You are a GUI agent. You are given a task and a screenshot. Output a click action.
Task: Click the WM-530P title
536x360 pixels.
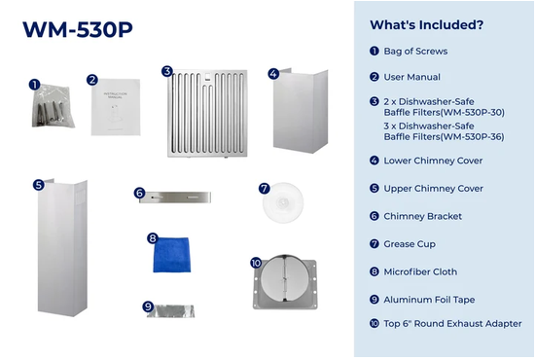coord(78,30)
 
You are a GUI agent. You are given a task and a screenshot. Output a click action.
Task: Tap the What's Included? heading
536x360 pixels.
coord(427,25)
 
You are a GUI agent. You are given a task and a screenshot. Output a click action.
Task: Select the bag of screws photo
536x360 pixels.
coord(53,106)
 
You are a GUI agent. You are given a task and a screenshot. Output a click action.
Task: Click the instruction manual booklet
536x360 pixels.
coord(116,107)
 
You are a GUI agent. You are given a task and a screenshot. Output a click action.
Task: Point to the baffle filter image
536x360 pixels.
coord(207,114)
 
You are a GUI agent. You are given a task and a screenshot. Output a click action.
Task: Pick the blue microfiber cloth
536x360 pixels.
coord(171,255)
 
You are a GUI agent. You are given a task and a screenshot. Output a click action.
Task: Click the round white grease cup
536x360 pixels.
coord(283,202)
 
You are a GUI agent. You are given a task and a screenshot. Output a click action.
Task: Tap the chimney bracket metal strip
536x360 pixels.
coord(175,198)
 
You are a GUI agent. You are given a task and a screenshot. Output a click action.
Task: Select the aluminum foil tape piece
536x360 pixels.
coord(171,311)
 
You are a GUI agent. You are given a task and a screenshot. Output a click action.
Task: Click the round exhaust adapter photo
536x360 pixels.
coord(285,282)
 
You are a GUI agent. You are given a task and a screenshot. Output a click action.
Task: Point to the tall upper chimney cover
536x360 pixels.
coord(62,247)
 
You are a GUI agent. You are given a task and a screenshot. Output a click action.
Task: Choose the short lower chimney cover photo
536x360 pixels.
coord(301,111)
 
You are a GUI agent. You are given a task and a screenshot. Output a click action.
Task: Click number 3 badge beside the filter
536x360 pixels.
coord(166,71)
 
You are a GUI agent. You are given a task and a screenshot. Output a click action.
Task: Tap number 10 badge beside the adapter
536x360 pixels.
coord(256,263)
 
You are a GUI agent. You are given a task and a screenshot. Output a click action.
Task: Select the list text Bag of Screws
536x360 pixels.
coord(415,52)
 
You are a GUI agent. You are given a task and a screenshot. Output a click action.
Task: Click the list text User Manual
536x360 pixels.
coord(411,77)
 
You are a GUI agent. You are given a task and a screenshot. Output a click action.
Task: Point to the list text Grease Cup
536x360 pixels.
coord(410,244)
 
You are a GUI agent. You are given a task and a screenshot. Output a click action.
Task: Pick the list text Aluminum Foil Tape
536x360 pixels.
coord(429,300)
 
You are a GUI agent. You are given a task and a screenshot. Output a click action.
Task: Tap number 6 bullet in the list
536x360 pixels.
coord(375,216)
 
